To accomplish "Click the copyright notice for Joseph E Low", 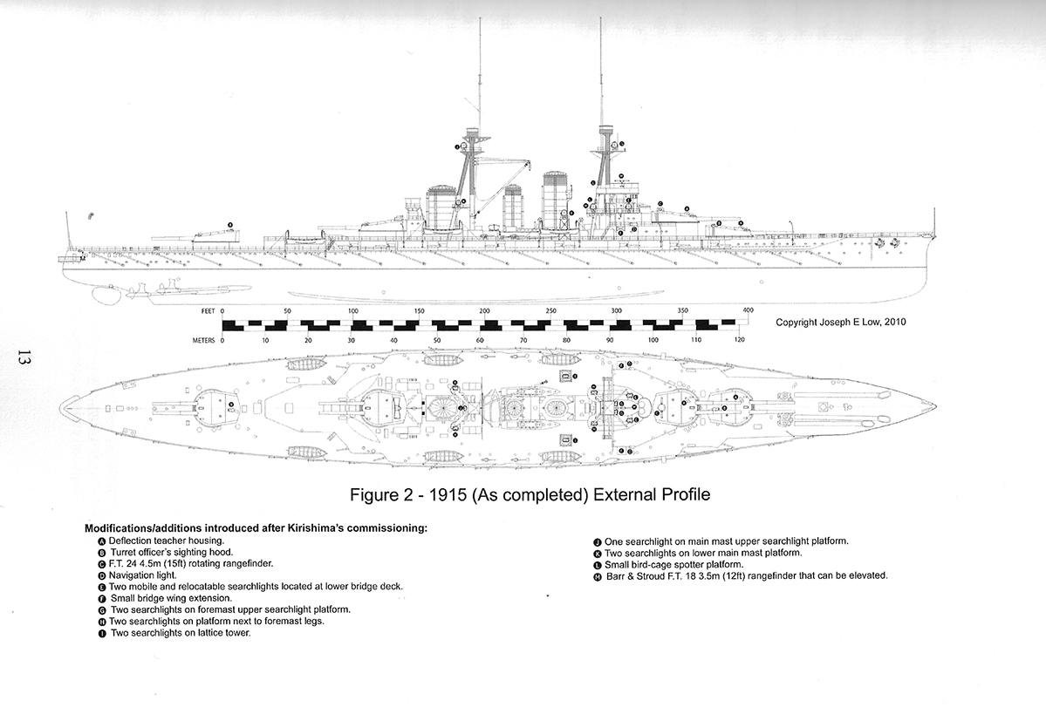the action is [840, 323].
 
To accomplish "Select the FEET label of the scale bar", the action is [208, 311].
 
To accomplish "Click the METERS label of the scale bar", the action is [203, 341].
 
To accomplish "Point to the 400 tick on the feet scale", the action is [748, 311].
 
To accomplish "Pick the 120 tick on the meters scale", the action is [738, 341].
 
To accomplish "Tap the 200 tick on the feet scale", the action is [484, 311].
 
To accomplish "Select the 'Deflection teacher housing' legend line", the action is [161, 541].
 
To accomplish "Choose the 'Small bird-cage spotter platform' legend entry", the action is [668, 564].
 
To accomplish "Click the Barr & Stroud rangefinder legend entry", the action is [741, 575].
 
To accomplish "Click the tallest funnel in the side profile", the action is [556, 199].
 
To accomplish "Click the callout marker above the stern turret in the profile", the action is [230, 225].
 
